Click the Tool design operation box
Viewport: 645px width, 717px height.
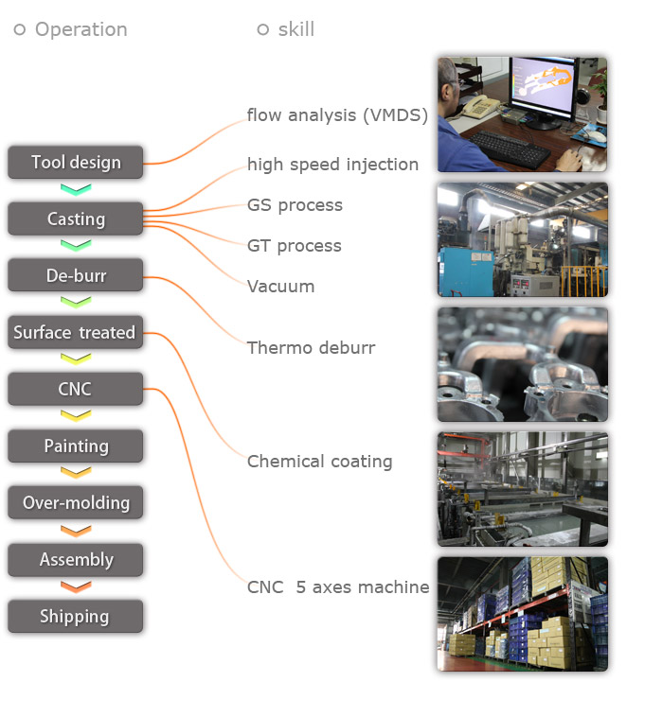pyautogui.click(x=76, y=162)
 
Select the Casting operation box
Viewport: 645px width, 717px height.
pyautogui.click(x=76, y=219)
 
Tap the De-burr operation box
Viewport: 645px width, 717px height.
pyautogui.click(x=76, y=275)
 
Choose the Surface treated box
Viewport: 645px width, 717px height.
pyautogui.click(x=76, y=332)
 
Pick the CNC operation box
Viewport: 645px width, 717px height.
pyautogui.click(x=76, y=389)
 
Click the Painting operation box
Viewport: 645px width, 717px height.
pyautogui.click(x=76, y=446)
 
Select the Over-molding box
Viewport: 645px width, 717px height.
pyautogui.click(x=76, y=502)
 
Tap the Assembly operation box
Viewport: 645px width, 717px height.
pyautogui.click(x=76, y=559)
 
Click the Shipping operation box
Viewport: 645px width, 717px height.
pyautogui.click(x=76, y=616)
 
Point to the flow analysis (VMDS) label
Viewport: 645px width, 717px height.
pyautogui.click(x=337, y=115)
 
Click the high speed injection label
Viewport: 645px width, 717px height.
pyautogui.click(x=332, y=165)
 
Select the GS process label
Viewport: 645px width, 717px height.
pyautogui.click(x=295, y=205)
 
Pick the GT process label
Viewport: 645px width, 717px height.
pyautogui.click(x=294, y=246)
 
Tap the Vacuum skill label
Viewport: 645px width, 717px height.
pyautogui.click(x=280, y=287)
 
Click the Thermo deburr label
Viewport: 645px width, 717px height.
pyautogui.click(x=311, y=348)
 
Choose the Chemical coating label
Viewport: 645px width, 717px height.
pyautogui.click(x=319, y=462)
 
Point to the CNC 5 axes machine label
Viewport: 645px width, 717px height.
pyautogui.click(x=337, y=587)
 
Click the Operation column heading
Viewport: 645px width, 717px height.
pyautogui.click(x=81, y=29)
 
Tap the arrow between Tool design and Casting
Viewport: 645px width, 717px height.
pyautogui.click(x=76, y=189)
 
